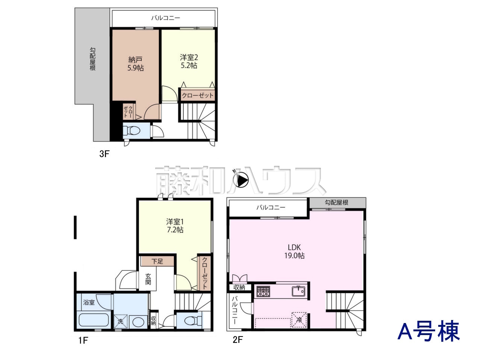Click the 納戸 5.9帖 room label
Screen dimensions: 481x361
coord(135,64)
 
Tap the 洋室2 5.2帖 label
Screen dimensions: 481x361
coord(189,61)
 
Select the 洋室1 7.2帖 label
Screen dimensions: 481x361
coord(175,226)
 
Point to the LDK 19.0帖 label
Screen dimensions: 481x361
coord(294,252)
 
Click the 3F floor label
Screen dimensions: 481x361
coord(104,154)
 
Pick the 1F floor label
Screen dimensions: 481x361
coord(83,340)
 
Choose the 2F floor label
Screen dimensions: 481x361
coord(237,340)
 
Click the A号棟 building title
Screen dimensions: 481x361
coord(428,331)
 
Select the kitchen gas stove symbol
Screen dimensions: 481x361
coord(263,291)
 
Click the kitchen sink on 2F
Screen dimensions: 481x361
coord(298,291)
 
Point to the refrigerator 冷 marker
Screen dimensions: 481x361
coord(299,320)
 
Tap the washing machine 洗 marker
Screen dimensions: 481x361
coord(120,321)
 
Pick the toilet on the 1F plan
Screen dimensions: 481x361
coord(193,321)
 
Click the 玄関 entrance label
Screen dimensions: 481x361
coord(148,279)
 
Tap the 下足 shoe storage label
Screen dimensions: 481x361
coord(157,261)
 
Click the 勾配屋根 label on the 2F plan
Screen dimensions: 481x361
coord(336,202)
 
